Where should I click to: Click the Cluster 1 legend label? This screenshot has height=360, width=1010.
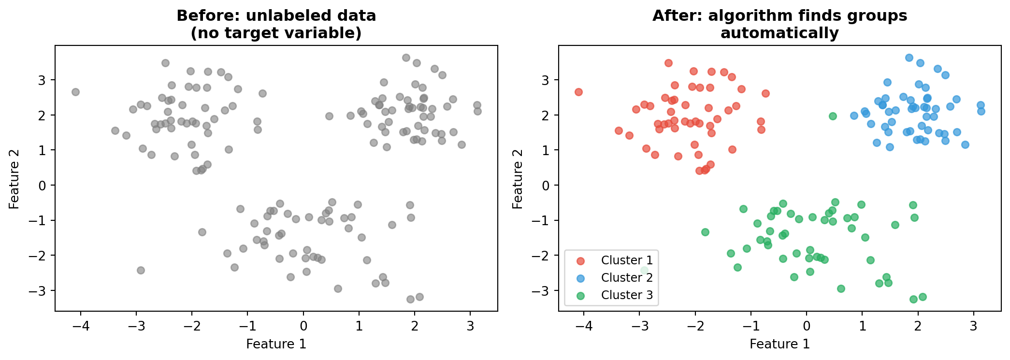tap(627, 260)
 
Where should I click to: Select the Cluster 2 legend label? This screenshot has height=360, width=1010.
tap(627, 277)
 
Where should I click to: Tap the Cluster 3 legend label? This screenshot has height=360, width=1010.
tap(627, 295)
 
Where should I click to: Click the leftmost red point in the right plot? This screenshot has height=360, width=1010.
tap(578, 92)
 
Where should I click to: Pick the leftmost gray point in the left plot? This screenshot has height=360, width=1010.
tap(75, 92)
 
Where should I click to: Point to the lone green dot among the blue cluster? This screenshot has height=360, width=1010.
tap(833, 116)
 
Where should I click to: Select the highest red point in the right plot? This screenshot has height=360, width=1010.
tap(668, 63)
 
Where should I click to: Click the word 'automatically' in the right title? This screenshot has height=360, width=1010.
tap(779, 33)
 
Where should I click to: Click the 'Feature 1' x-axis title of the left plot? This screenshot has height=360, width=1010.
tap(276, 344)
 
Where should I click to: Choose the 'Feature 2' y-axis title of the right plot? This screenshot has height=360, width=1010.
tap(518, 178)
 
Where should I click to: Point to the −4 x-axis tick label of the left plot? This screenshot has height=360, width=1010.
tap(81, 326)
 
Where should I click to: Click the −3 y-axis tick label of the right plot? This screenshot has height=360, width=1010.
tap(541, 291)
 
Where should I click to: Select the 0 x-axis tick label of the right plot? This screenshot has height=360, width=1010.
tap(807, 326)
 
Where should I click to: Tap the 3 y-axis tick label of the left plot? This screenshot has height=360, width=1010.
tap(43, 80)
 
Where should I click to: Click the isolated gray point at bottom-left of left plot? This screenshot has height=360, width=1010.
tap(141, 270)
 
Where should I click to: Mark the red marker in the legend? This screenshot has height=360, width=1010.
tap(580, 260)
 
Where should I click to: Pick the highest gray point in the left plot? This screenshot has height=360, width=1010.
tap(406, 58)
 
